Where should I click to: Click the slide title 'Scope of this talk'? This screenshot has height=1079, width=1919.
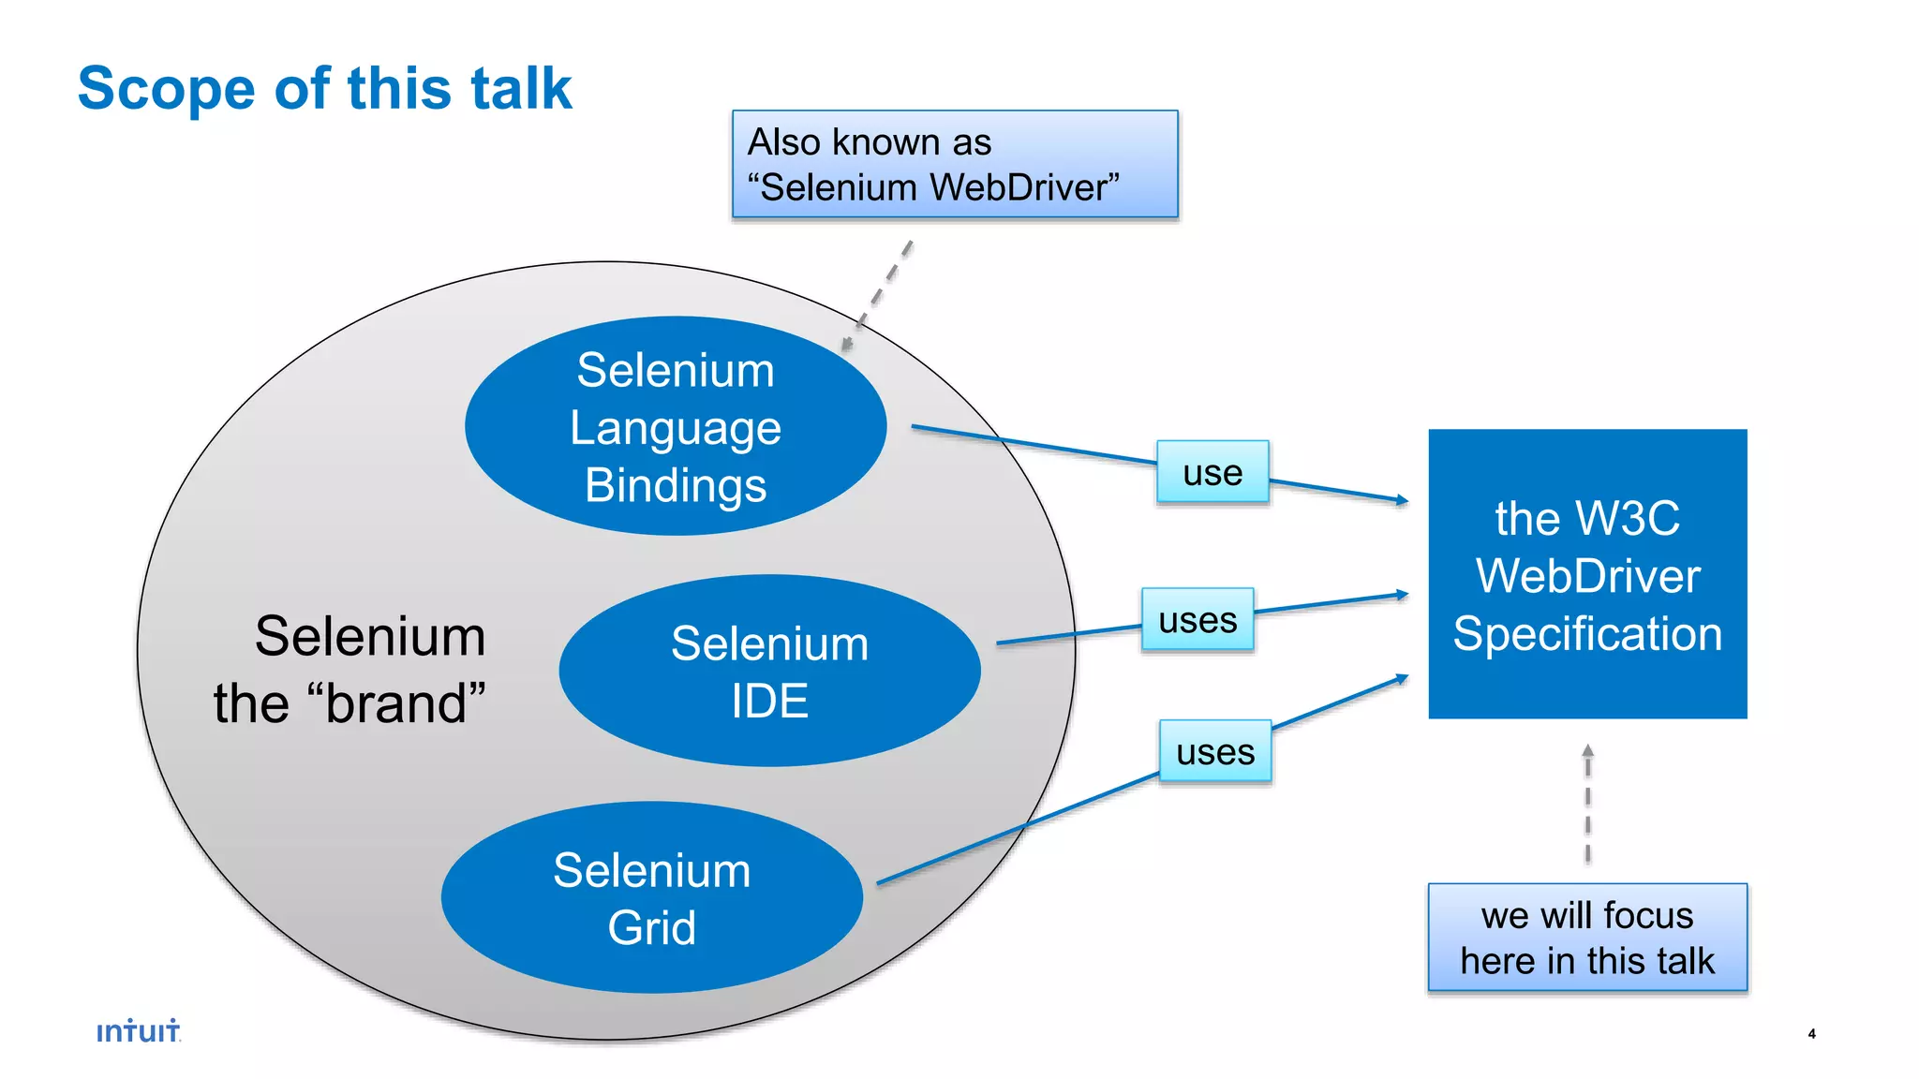(324, 89)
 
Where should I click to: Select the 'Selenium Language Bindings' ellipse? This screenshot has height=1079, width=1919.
(675, 426)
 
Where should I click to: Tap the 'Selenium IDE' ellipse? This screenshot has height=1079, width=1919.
(769, 671)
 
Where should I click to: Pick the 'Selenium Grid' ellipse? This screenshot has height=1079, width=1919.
(651, 897)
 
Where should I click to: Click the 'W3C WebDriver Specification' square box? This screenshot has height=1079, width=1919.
(1587, 574)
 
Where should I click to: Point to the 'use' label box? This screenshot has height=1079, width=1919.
(1212, 472)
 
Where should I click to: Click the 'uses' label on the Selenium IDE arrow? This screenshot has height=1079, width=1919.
(1198, 619)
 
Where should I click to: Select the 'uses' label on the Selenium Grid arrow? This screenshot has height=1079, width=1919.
(1215, 751)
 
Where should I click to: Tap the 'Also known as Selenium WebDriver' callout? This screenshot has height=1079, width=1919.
(954, 165)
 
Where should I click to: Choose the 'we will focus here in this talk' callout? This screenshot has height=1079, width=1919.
(1587, 938)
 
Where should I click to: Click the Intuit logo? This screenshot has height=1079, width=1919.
(139, 1031)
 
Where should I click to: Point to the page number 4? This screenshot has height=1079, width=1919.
(1811, 1034)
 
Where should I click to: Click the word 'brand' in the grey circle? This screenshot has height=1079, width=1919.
(405, 704)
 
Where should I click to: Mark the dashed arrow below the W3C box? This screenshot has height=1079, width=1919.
(1587, 804)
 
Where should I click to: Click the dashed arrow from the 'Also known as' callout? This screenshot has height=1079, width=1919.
(877, 296)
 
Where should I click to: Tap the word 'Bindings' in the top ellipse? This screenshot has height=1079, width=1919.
(676, 486)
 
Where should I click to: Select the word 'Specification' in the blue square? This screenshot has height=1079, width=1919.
(1587, 634)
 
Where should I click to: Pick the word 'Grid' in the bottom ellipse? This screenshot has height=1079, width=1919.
(651, 928)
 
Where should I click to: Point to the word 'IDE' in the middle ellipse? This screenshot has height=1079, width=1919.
(769, 702)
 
